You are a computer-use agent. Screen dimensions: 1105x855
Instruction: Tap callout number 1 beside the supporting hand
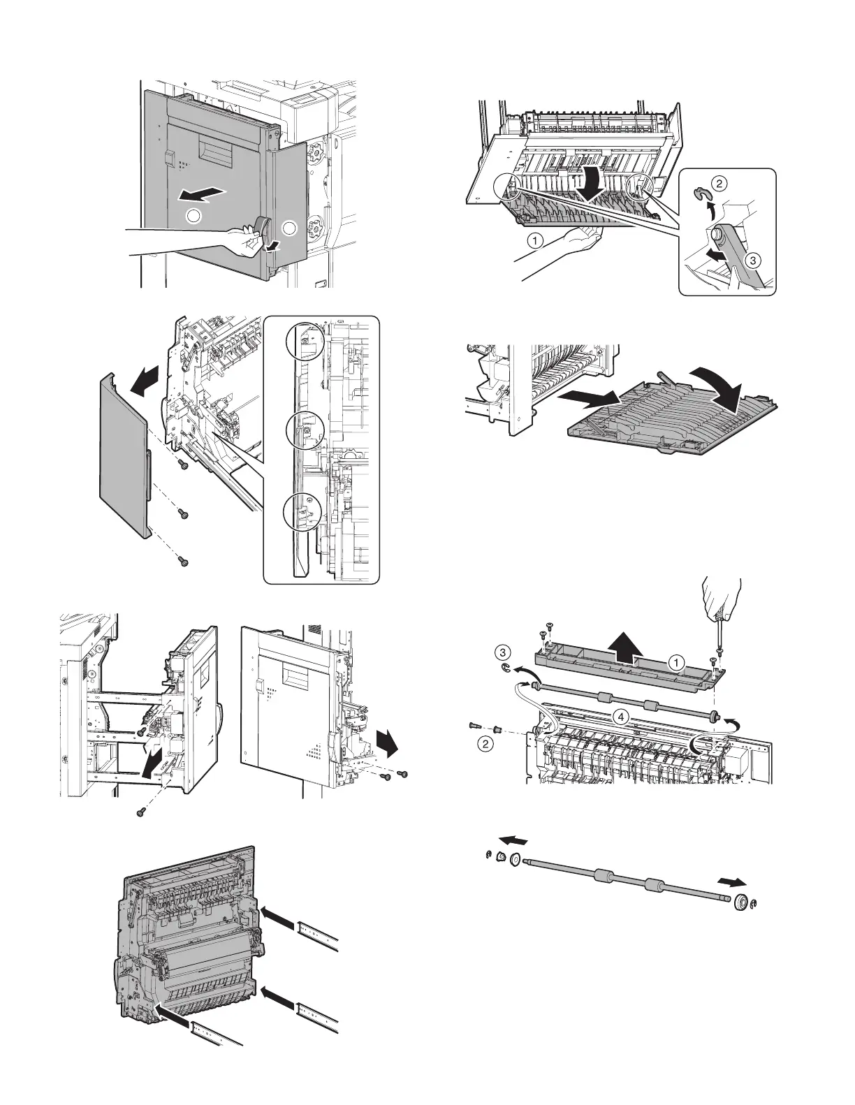[x=534, y=240]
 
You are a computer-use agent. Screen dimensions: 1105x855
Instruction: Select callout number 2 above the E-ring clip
[x=719, y=183]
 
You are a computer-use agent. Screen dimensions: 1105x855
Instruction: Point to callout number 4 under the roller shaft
[x=621, y=716]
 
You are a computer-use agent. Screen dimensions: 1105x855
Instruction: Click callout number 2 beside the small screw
[x=485, y=743]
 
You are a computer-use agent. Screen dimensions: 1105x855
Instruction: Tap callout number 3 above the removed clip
[x=502, y=652]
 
